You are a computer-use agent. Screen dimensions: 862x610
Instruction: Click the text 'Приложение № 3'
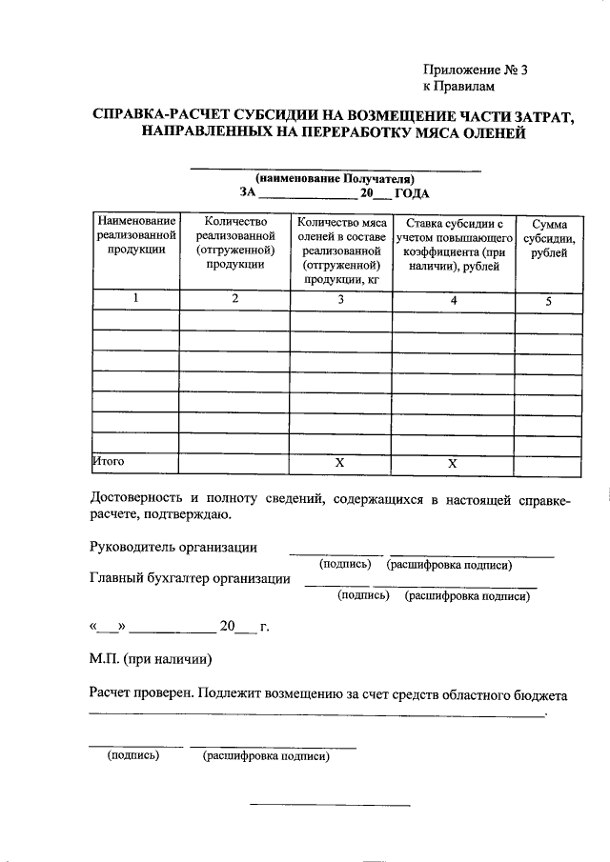coord(474,70)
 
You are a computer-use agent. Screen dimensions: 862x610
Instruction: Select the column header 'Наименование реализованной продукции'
coord(135,235)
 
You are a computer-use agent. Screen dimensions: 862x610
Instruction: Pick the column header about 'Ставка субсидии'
coord(454,245)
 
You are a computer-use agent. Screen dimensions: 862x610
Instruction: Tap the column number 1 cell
coord(135,299)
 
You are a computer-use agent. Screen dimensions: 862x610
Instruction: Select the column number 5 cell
coord(548,300)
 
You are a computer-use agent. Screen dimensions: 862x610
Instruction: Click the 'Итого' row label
coord(109,461)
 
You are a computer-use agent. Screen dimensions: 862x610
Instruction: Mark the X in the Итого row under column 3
coord(339,462)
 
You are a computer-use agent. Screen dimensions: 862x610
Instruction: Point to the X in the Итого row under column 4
coord(453,462)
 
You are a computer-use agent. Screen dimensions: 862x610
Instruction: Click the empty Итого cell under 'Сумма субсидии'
coord(548,462)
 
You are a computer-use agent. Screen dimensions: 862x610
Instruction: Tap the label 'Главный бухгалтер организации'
coord(190,578)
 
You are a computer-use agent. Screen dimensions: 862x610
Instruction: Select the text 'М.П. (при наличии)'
coord(151,658)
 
